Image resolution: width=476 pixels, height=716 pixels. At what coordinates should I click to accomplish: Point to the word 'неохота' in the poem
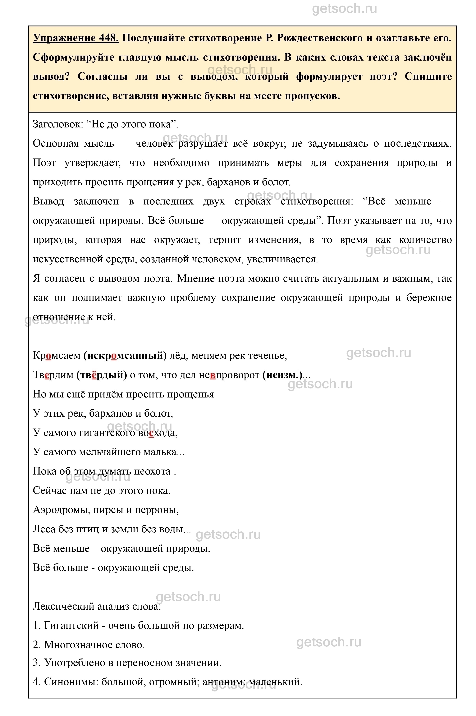152,471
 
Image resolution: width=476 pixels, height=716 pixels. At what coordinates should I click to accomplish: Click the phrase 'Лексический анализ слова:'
97,606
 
